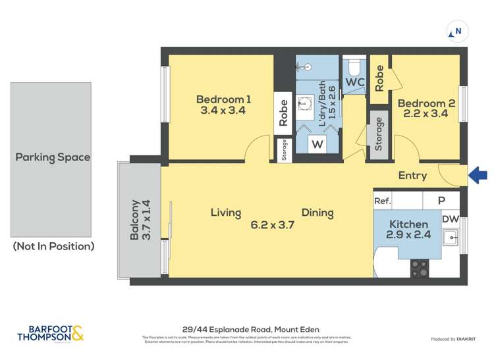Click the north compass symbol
tap(456, 31)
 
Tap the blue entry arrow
tap(478, 175)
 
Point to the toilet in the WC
tap(355, 68)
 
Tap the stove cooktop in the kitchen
tap(419, 268)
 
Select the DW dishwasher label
tap(450, 219)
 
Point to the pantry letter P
tap(441, 201)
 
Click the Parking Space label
tap(53, 157)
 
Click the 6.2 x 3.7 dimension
tap(272, 224)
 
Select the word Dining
tap(317, 213)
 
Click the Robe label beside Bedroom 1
tap(283, 113)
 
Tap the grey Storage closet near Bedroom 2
tap(379, 134)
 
